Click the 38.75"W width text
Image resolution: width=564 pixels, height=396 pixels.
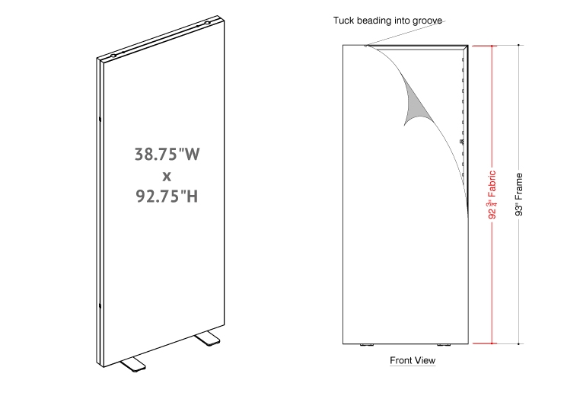pos(167,154)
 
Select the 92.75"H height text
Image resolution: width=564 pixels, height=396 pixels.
pos(167,196)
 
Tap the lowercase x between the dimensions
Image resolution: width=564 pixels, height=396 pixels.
pos(167,176)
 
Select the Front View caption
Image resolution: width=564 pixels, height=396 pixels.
pos(413,360)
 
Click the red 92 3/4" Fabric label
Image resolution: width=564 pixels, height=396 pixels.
pos(492,194)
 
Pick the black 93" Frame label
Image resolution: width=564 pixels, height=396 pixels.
pos(519,194)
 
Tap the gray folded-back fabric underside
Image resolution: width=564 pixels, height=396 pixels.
pos(416,104)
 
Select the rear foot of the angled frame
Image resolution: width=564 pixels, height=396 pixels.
pos(208,339)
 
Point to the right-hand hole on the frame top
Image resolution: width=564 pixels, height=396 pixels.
pos(207,23)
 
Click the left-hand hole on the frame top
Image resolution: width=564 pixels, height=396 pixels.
pos(113,56)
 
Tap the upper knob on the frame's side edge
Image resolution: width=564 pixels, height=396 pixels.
pos(100,119)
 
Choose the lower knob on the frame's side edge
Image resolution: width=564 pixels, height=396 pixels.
pos(100,306)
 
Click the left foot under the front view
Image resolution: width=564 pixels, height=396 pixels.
pos(367,345)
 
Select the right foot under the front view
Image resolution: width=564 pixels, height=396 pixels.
pos(444,345)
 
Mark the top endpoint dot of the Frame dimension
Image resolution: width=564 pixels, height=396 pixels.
pos(518,45)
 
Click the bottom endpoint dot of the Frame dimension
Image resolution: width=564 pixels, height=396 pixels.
pos(518,343)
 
